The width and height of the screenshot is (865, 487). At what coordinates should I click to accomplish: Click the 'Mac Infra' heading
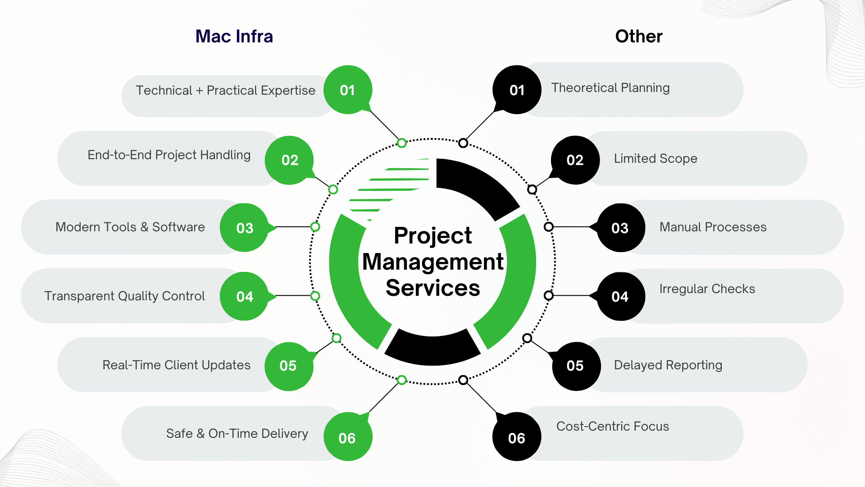pyautogui.click(x=234, y=37)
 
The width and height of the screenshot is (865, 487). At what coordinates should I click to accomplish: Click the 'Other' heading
pyautogui.click(x=638, y=37)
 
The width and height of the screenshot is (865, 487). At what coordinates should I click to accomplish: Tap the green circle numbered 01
pyautogui.click(x=347, y=90)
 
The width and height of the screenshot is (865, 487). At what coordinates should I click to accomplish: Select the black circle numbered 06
pyautogui.click(x=516, y=437)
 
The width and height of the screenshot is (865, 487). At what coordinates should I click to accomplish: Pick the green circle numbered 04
pyautogui.click(x=244, y=296)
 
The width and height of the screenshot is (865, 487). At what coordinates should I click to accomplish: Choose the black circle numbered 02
pyautogui.click(x=575, y=160)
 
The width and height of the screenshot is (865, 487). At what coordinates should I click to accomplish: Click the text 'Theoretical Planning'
pyautogui.click(x=610, y=87)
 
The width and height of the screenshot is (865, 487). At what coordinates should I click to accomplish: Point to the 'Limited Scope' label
pyautogui.click(x=655, y=158)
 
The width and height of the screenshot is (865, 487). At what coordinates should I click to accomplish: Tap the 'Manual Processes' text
pyautogui.click(x=713, y=227)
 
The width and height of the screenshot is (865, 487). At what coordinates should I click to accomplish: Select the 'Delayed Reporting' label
pyautogui.click(x=668, y=365)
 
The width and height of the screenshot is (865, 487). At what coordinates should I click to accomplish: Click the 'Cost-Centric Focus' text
pyautogui.click(x=612, y=426)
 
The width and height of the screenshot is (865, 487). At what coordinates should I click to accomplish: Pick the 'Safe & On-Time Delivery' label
pyautogui.click(x=237, y=433)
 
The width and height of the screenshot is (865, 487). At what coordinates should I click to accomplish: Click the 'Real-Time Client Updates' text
pyautogui.click(x=176, y=365)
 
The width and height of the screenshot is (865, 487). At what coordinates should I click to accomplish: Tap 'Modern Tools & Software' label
pyautogui.click(x=130, y=227)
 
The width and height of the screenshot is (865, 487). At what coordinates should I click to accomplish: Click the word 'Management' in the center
pyautogui.click(x=432, y=262)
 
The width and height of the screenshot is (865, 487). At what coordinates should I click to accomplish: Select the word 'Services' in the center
pyautogui.click(x=432, y=288)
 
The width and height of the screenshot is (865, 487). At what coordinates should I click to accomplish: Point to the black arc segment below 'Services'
pyautogui.click(x=432, y=349)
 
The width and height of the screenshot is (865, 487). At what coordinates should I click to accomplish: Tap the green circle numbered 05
pyautogui.click(x=288, y=366)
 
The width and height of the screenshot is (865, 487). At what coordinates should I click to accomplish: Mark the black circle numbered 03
pyautogui.click(x=620, y=228)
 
